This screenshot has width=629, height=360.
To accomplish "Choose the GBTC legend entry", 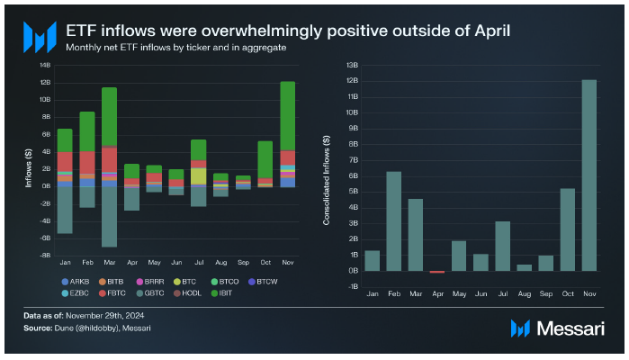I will [153, 292].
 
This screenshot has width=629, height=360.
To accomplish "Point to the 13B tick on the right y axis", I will [353, 65].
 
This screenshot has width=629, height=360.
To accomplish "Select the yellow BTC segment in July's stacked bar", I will [199, 175].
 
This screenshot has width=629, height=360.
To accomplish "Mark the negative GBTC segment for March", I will [109, 216].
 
